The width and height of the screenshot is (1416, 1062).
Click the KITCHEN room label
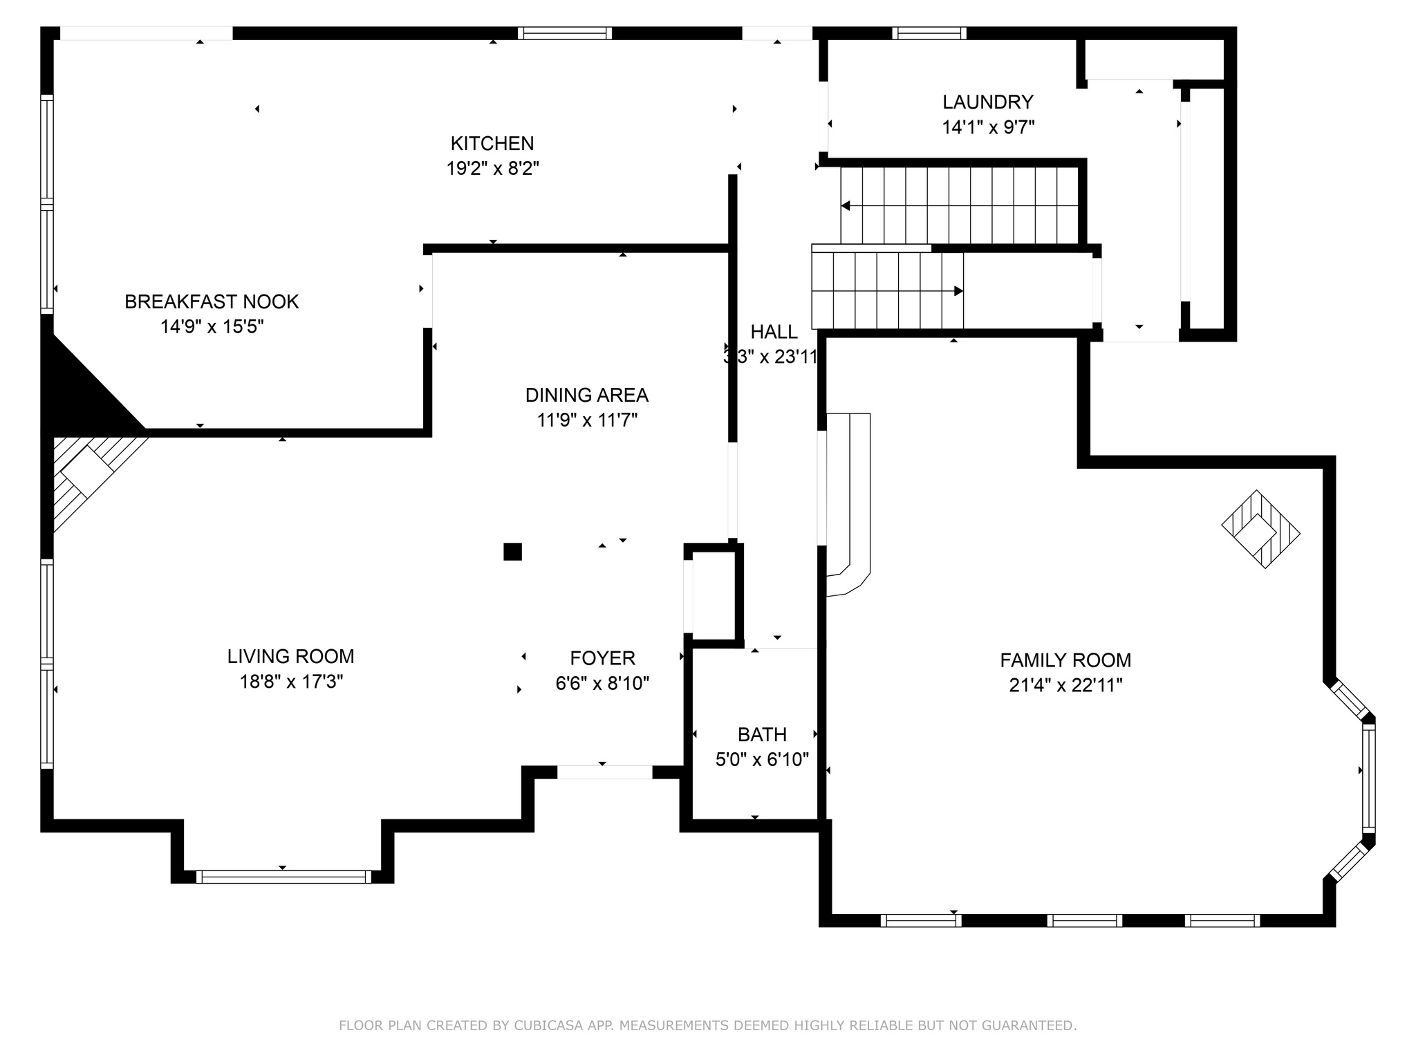[492, 143]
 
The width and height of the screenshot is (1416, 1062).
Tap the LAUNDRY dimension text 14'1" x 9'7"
[987, 127]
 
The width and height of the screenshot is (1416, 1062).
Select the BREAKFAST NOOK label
[212, 301]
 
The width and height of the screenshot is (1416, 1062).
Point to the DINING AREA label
[586, 395]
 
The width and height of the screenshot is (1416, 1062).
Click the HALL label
[774, 332]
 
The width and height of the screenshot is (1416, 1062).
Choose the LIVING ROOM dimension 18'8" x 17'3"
[291, 682]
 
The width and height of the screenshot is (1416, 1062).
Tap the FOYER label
[602, 658]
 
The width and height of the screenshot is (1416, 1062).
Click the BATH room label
[762, 734]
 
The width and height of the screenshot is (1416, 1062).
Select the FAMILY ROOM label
[1065, 660]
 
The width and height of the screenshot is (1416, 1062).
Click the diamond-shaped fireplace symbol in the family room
[1260, 530]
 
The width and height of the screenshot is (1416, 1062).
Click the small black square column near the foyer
[512, 551]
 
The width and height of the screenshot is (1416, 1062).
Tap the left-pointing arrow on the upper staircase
[846, 206]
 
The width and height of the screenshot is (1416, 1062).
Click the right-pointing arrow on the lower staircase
[958, 291]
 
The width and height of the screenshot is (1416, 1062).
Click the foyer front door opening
[604, 772]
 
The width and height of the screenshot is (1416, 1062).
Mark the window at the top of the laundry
[929, 33]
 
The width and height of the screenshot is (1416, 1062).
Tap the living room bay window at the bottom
[283, 877]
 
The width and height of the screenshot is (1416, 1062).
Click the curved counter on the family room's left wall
[850, 498]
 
